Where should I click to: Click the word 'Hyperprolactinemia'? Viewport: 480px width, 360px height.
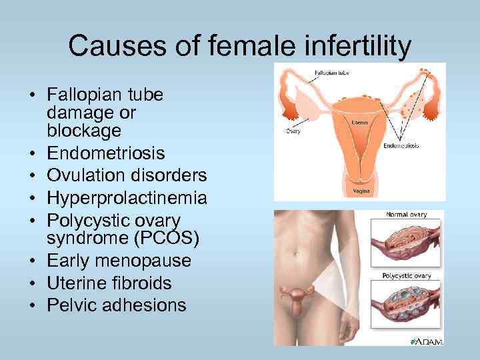pos(127,198)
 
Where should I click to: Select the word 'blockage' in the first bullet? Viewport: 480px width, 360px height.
pos(83,131)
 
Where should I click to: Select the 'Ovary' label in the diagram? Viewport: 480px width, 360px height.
pos(293,131)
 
